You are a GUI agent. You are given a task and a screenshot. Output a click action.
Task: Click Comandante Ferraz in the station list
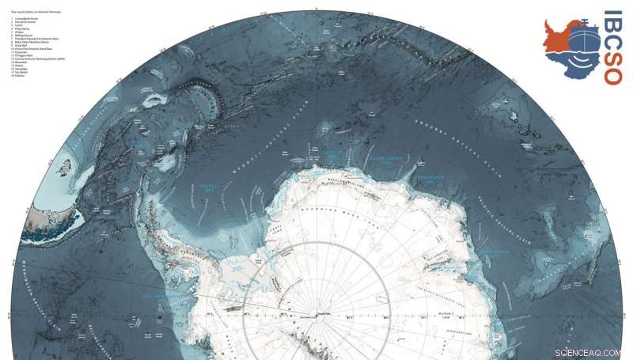tap(21, 19)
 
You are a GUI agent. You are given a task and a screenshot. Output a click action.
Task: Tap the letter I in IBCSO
tap(612, 13)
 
